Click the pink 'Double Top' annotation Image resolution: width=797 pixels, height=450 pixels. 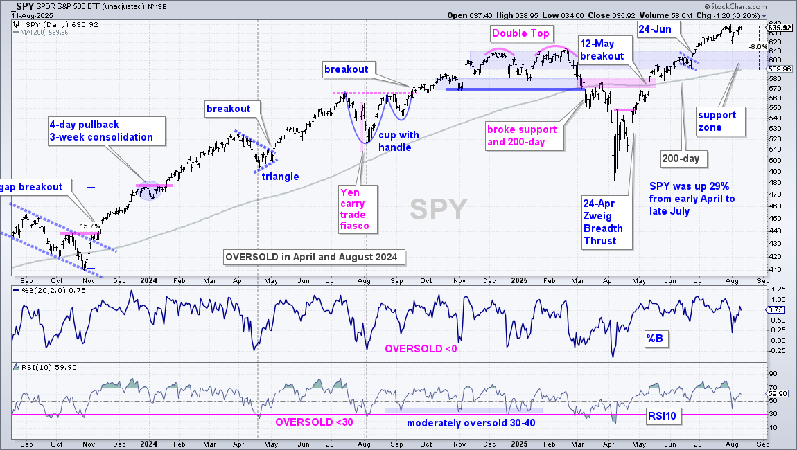[520, 33]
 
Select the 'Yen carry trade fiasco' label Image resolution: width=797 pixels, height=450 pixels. [358, 209]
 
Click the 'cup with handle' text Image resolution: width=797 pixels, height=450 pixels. [398, 141]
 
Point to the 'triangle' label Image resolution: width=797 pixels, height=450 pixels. [280, 177]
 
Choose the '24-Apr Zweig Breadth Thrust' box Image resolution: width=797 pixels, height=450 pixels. [607, 222]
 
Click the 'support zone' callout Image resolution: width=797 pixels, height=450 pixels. [721, 121]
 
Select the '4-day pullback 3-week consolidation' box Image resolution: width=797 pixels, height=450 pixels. [106, 131]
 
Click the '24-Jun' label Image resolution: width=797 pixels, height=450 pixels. [655, 29]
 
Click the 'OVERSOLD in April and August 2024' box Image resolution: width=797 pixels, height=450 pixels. [314, 257]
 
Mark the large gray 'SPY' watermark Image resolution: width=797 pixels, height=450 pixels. [439, 209]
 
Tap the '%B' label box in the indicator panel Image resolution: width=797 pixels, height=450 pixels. [655, 339]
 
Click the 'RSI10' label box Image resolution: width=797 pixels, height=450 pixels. [662, 417]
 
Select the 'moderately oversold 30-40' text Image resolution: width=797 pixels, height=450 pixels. [471, 423]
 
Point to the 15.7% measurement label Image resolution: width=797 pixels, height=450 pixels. [89, 226]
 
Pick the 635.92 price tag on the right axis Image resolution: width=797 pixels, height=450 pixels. [780, 28]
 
